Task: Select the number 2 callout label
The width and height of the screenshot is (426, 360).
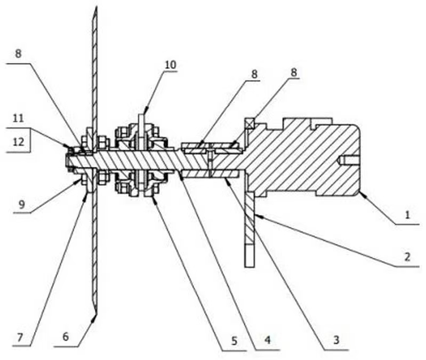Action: point(407,257)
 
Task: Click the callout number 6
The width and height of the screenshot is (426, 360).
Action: point(66,337)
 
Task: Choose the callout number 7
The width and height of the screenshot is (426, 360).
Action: point(21,337)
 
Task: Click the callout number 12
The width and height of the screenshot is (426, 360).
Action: point(18,142)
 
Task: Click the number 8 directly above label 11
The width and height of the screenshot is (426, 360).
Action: point(19,54)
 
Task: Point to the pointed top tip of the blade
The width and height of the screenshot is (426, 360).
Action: point(95,7)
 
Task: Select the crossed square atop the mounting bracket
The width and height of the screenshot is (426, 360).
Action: point(249,124)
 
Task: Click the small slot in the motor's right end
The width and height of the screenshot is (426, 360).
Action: point(346,159)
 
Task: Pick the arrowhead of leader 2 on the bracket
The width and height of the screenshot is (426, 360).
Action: point(254,214)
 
